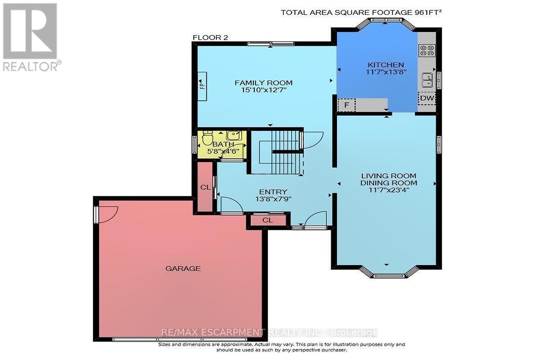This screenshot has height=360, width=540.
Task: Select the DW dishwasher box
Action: (426, 98)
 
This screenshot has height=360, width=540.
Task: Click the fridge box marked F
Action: (346, 105)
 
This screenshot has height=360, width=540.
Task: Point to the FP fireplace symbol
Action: (202, 84)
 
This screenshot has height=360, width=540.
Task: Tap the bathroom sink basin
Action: (234, 135)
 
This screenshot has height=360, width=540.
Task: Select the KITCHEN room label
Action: (385, 65)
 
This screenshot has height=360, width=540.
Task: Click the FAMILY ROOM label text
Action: (264, 83)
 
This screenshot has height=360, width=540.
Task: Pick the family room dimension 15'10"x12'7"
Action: (264, 90)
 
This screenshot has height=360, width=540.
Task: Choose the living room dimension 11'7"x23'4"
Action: (388, 190)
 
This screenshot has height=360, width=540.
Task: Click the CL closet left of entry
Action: (205, 187)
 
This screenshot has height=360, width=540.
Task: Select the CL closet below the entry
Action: (267, 220)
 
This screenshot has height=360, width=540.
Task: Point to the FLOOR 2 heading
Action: (210, 38)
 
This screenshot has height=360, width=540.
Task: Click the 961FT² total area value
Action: (424, 13)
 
